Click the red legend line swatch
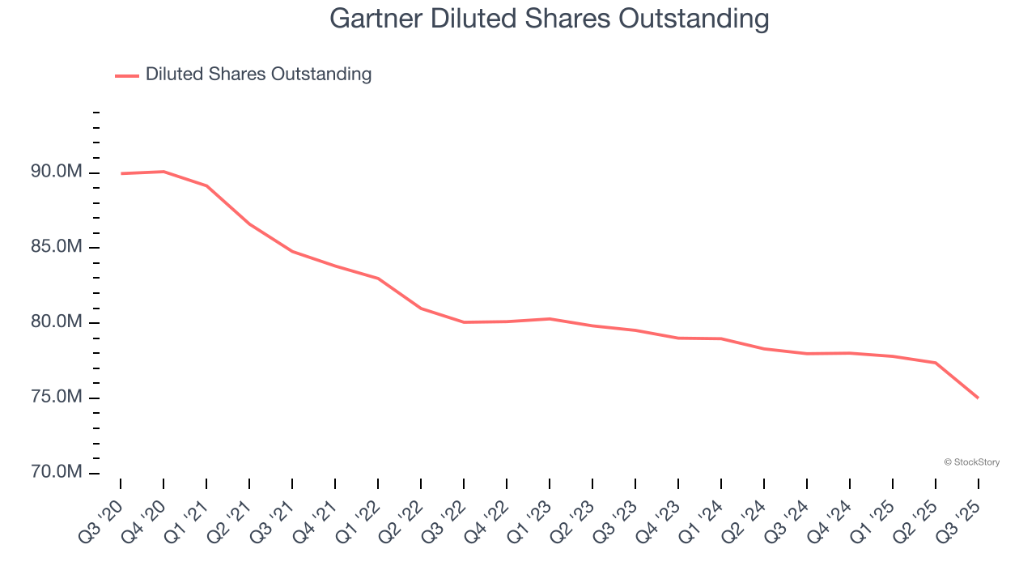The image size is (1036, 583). tap(127, 75)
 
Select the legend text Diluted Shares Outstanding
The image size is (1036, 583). tap(258, 74)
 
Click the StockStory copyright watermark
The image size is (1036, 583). tap(971, 462)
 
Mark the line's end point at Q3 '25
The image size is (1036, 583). tap(978, 398)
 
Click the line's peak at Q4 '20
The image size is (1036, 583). tap(163, 172)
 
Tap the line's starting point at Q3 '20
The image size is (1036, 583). tap(121, 173)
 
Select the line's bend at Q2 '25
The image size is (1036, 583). tap(935, 363)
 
